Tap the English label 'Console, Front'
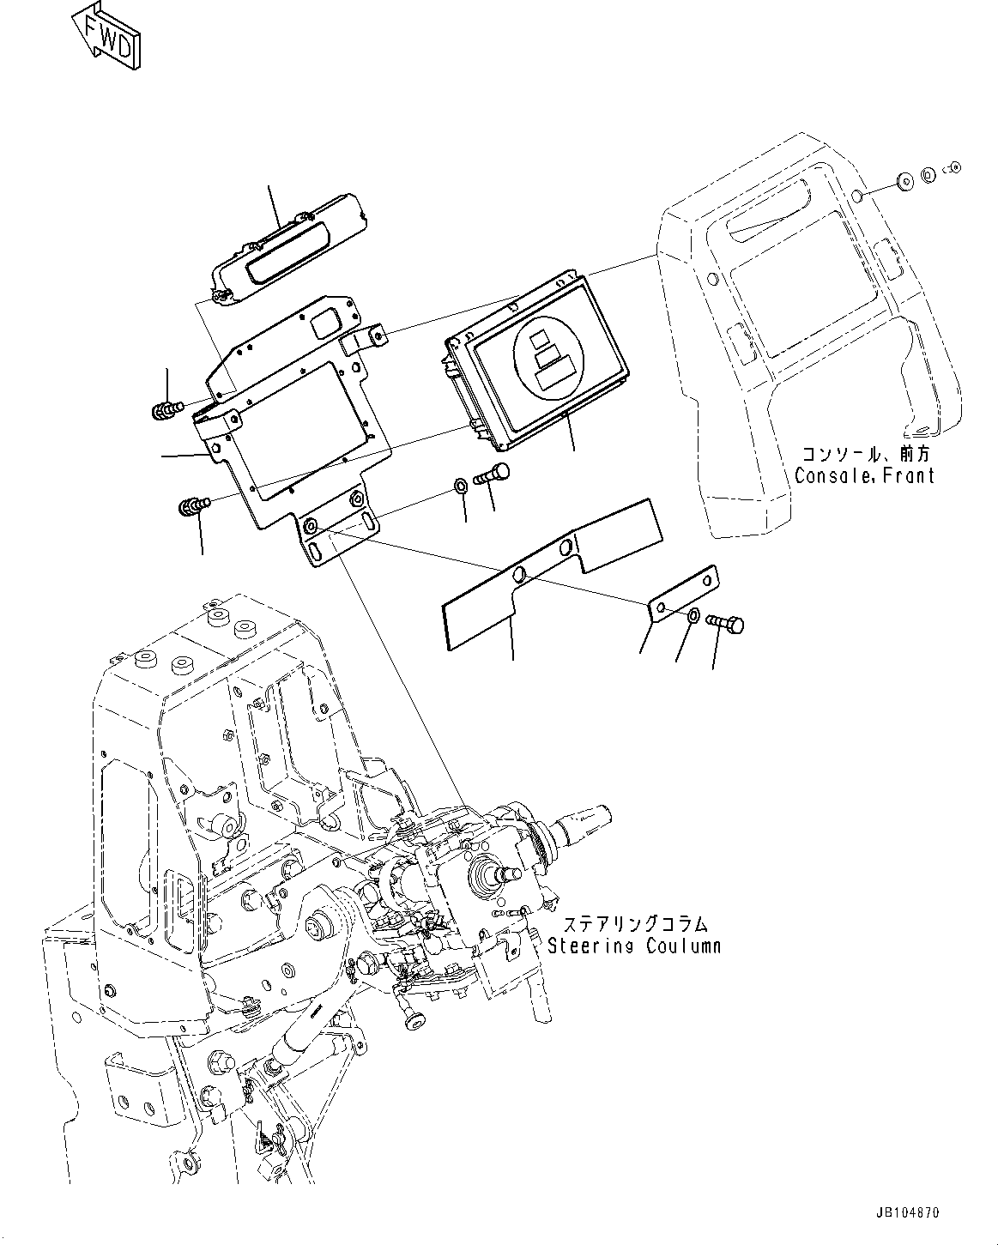[x=863, y=475]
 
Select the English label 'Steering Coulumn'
[x=634, y=946]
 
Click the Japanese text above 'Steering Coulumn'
[x=636, y=924]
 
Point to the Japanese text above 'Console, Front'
[x=865, y=454]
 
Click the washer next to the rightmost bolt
[x=692, y=615]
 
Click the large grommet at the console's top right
[x=904, y=182]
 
